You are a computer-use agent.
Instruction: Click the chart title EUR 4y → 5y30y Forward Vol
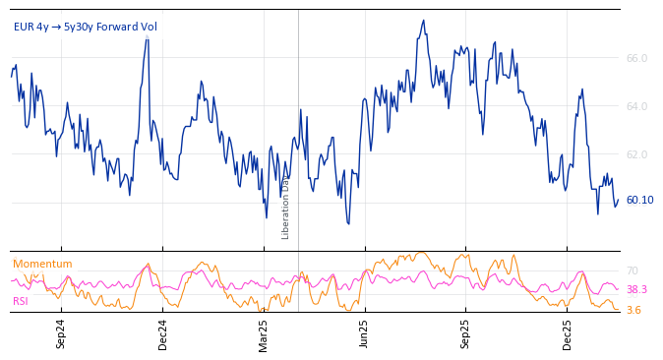coord(86,28)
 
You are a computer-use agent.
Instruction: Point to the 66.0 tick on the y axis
coord(636,58)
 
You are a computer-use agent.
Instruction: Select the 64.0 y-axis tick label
coord(636,106)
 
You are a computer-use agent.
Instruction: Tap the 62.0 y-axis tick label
coord(636,154)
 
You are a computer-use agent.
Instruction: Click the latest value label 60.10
coord(639,200)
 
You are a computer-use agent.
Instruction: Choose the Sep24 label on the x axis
coord(61,333)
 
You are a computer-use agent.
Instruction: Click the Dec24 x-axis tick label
coord(163,333)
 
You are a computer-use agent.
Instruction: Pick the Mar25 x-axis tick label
coord(264,333)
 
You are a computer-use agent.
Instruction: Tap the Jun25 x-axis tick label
coord(365,333)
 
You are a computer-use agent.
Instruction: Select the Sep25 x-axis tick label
coord(466,333)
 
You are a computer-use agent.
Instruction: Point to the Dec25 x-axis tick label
coord(568,333)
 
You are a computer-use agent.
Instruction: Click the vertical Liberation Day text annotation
coord(286,208)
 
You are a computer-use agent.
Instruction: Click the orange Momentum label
coord(42,264)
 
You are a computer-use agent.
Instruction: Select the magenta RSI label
coord(21,301)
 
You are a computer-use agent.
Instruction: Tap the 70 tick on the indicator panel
coord(633,270)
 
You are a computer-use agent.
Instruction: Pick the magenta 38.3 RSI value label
coord(636,289)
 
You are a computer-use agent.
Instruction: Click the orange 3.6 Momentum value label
coord(633,310)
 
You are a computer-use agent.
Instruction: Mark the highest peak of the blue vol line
coord(424,21)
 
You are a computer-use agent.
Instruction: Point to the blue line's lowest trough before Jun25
coord(348,223)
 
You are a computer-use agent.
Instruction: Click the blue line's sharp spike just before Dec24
coord(148,37)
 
